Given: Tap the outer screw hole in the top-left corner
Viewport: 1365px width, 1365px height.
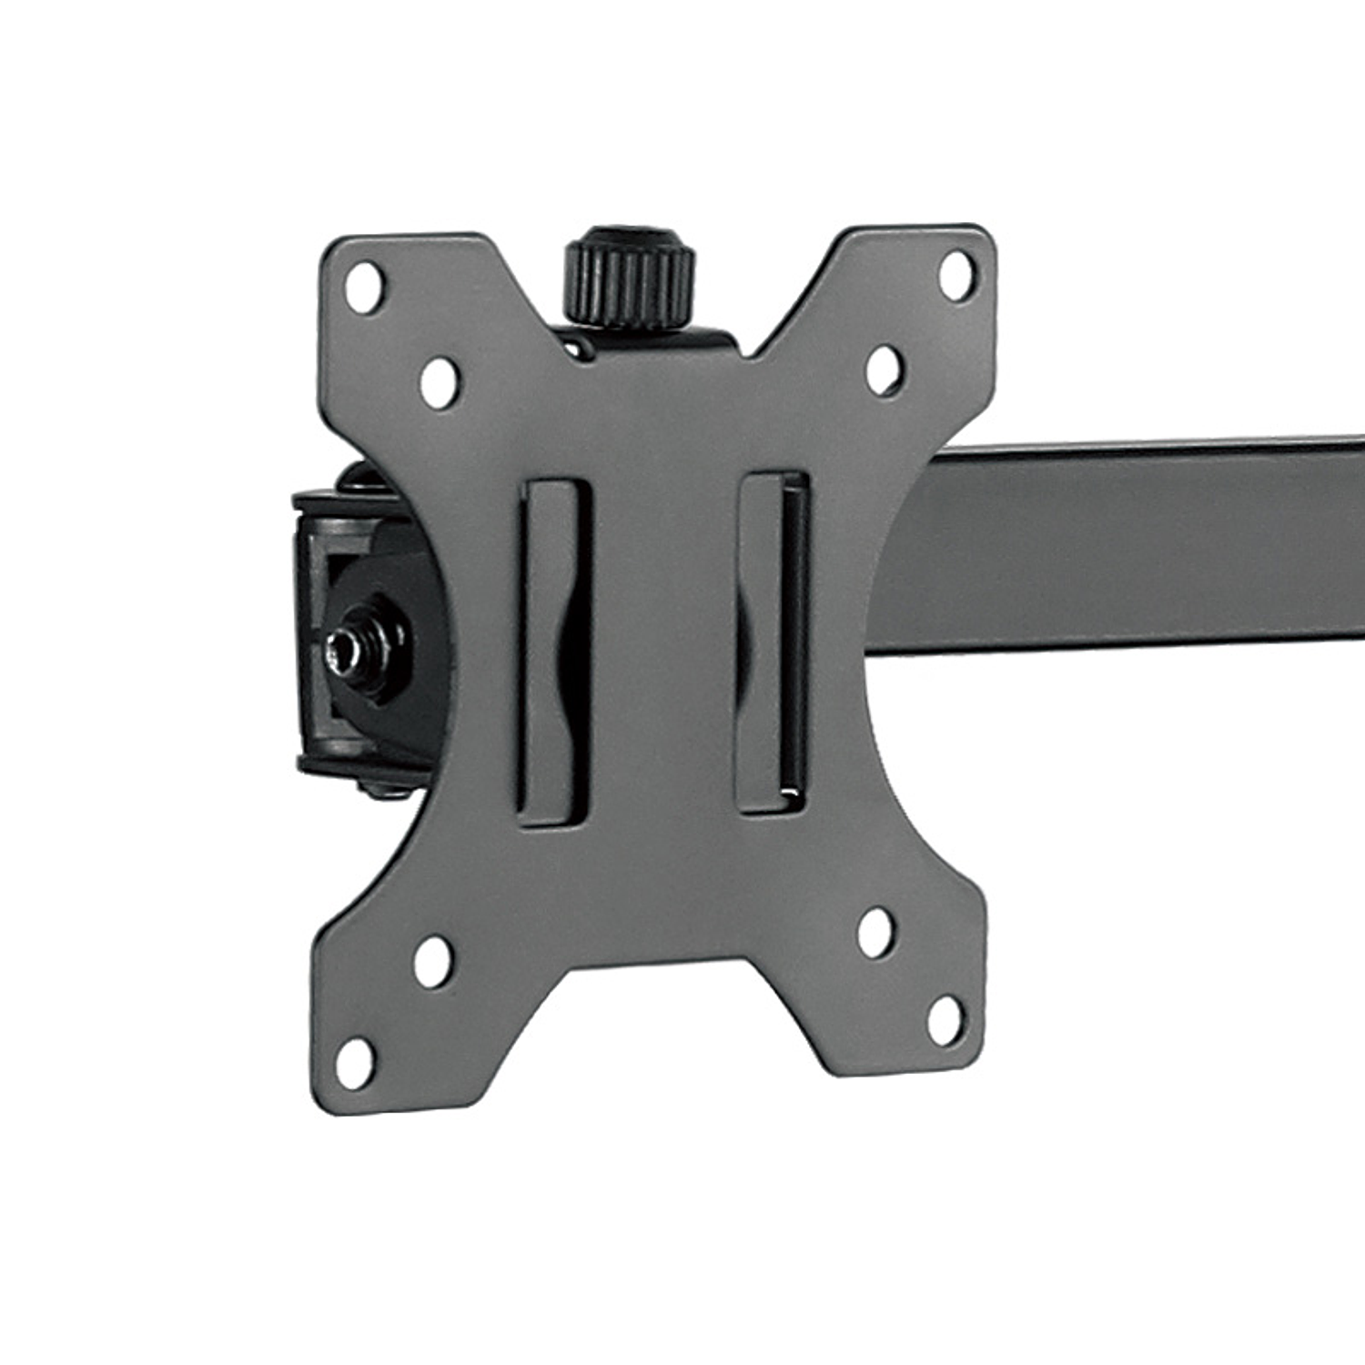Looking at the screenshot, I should coord(365,287).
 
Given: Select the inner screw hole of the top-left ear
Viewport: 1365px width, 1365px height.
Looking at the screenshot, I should coord(440,383).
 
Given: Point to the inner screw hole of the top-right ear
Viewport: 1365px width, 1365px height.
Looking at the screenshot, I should coord(884,369).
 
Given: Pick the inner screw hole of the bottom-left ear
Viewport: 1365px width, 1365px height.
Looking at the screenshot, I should coord(433,961).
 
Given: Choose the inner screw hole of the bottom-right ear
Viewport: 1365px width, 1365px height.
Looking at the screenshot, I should coord(875,933).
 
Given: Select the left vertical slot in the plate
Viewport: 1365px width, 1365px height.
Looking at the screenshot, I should coord(554,652).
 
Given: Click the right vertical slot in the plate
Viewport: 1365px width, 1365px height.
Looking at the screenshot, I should coord(773,642).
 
